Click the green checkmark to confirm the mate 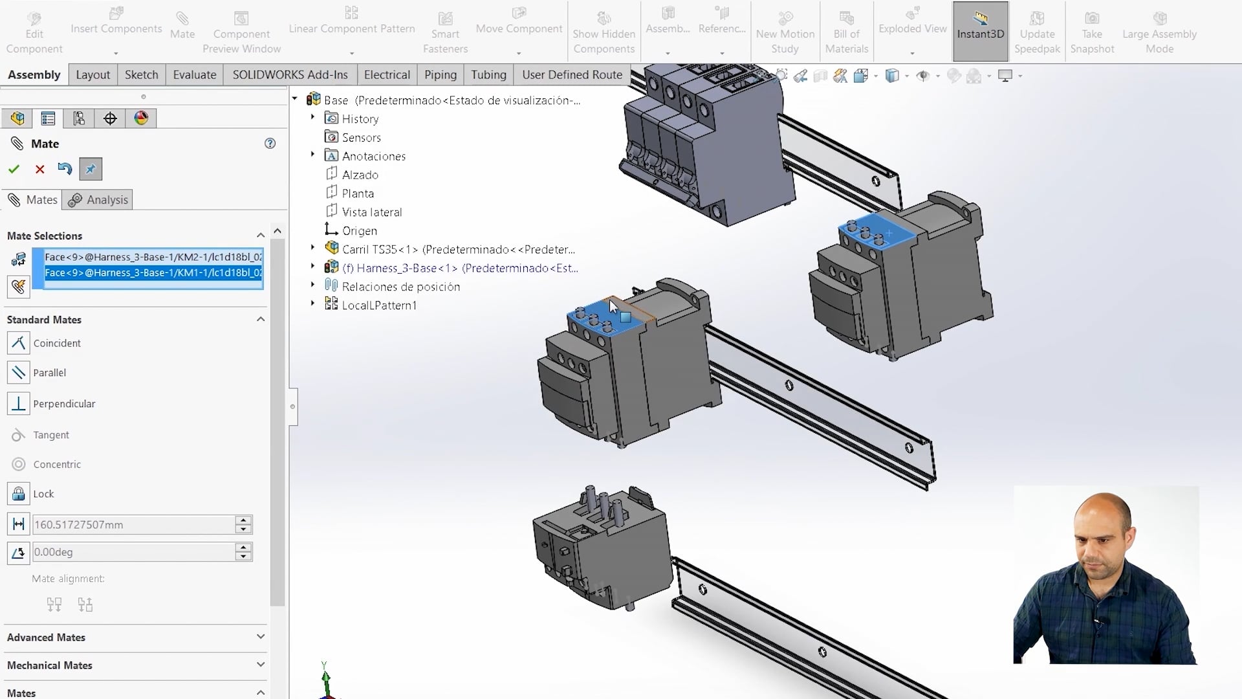(x=14, y=170)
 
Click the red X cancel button (x=39, y=170)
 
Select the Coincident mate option (x=57, y=343)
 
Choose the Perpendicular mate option (x=63, y=404)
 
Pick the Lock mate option (x=43, y=494)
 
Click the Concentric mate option (x=57, y=465)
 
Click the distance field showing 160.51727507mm (x=133, y=525)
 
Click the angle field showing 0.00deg (x=133, y=552)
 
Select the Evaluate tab (x=194, y=75)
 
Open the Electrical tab (x=386, y=75)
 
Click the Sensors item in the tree (x=361, y=138)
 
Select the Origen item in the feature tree (x=359, y=231)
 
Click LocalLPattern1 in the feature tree (x=379, y=305)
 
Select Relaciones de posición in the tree (x=400, y=287)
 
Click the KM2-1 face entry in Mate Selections (x=153, y=257)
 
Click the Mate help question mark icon (x=270, y=144)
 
